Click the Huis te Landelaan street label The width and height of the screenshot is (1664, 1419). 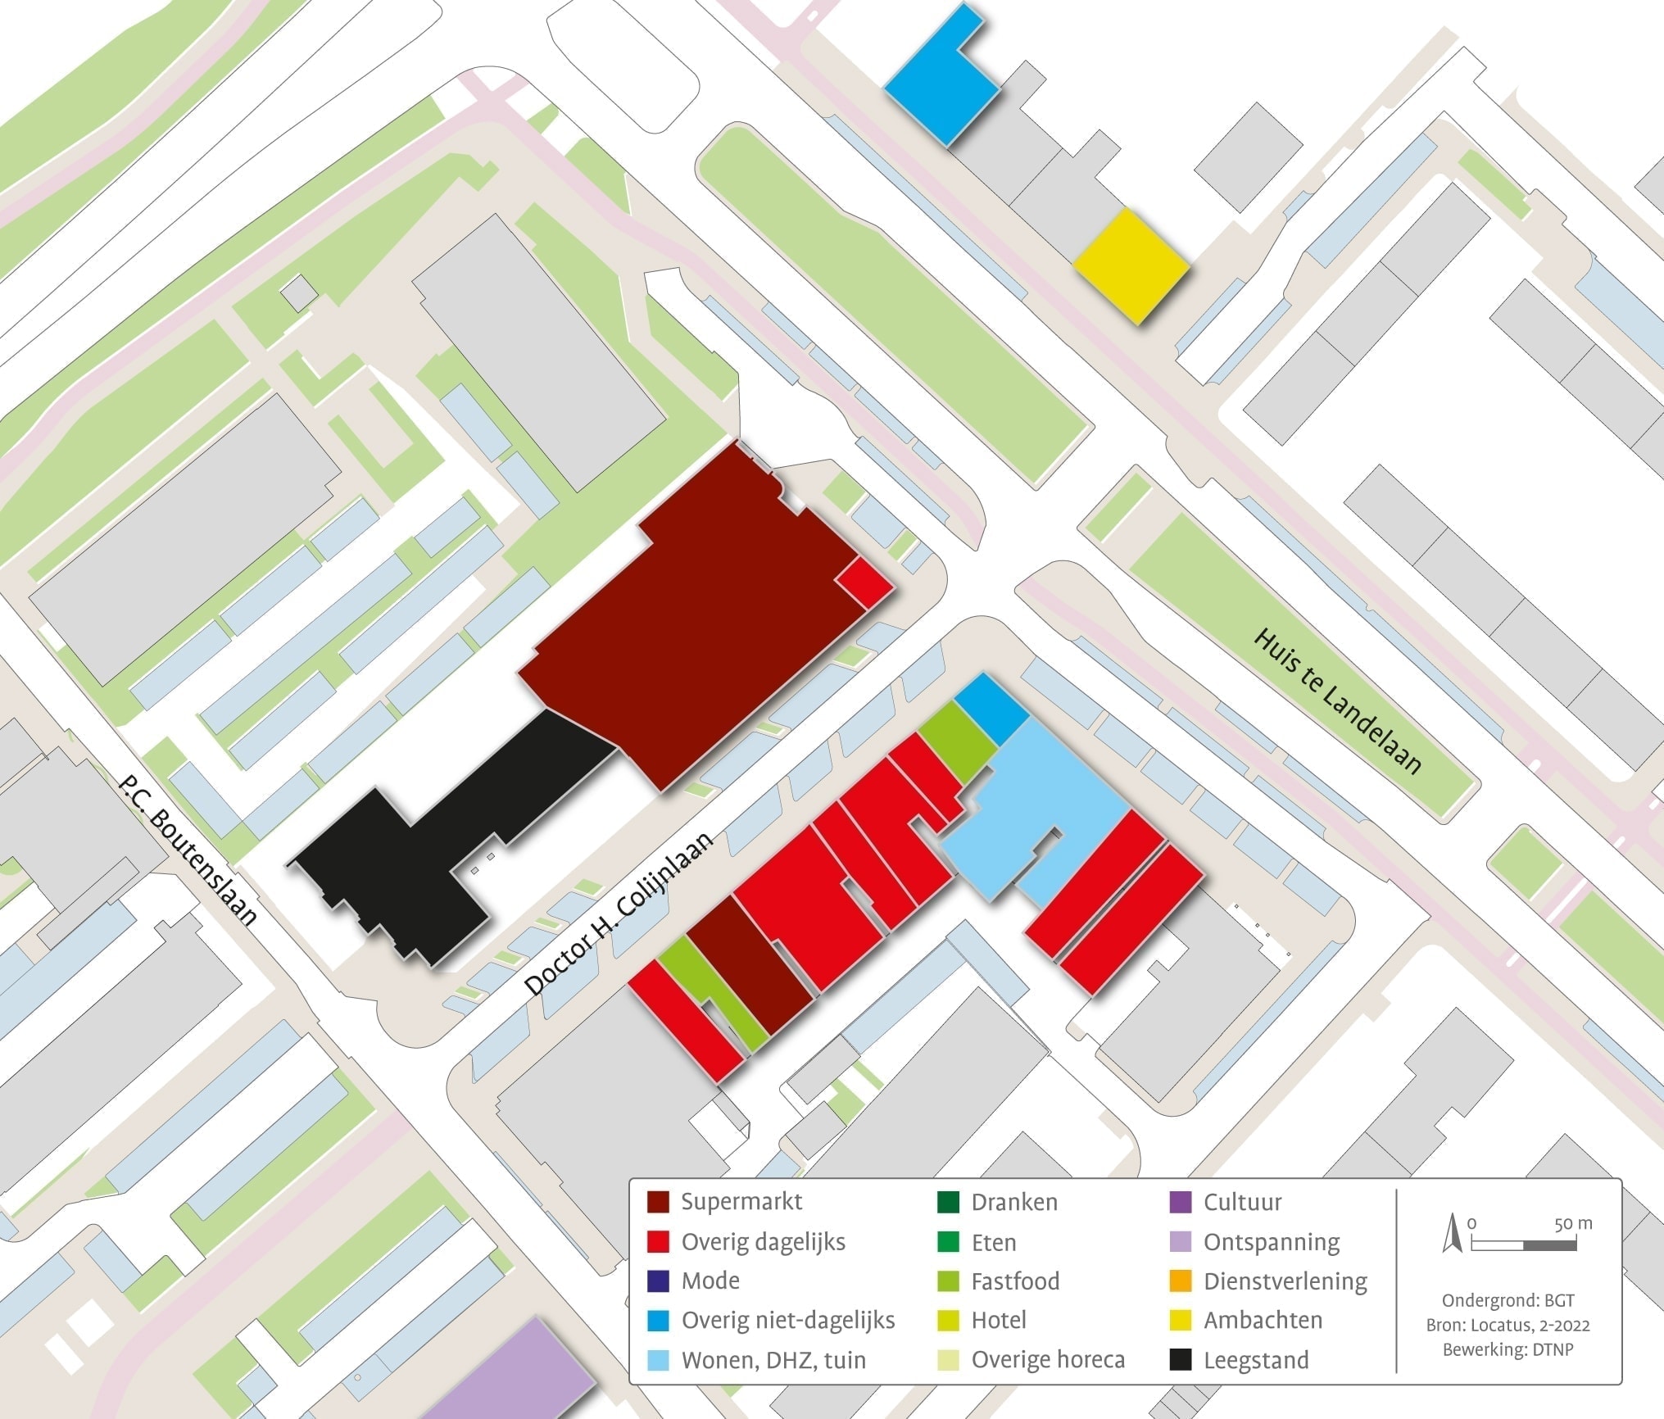1337,701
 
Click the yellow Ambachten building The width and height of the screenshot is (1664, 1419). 1131,265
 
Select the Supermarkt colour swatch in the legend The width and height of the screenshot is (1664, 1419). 658,1202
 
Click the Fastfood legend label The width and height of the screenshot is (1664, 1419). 1015,1281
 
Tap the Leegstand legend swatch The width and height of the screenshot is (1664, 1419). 1181,1360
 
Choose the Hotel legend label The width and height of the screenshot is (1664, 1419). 999,1320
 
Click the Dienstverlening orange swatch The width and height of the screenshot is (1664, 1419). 1181,1281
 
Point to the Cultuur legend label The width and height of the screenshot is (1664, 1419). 1242,1202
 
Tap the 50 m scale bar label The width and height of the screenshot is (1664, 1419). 1573,1224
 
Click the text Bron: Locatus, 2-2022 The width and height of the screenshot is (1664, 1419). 1508,1326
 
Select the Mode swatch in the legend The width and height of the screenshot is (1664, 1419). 658,1281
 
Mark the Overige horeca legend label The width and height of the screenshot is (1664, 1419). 1048,1360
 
